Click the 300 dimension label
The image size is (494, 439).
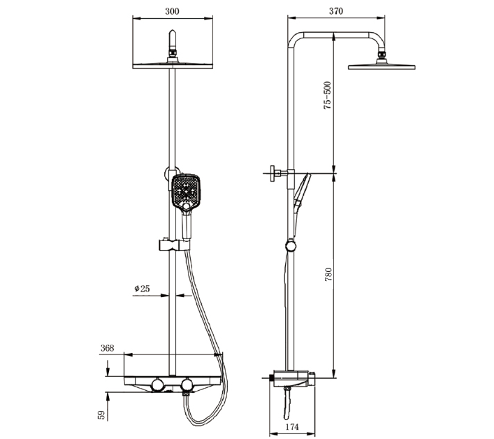point(170,11)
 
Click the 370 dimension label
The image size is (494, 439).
point(336,11)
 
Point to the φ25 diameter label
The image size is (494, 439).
point(143,288)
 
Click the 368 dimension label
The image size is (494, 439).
point(107,347)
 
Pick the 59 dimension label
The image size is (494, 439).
point(101,415)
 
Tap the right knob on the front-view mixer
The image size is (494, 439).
point(187,384)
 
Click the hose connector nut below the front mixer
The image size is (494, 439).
point(186,396)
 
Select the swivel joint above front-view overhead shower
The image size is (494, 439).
point(171,52)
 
